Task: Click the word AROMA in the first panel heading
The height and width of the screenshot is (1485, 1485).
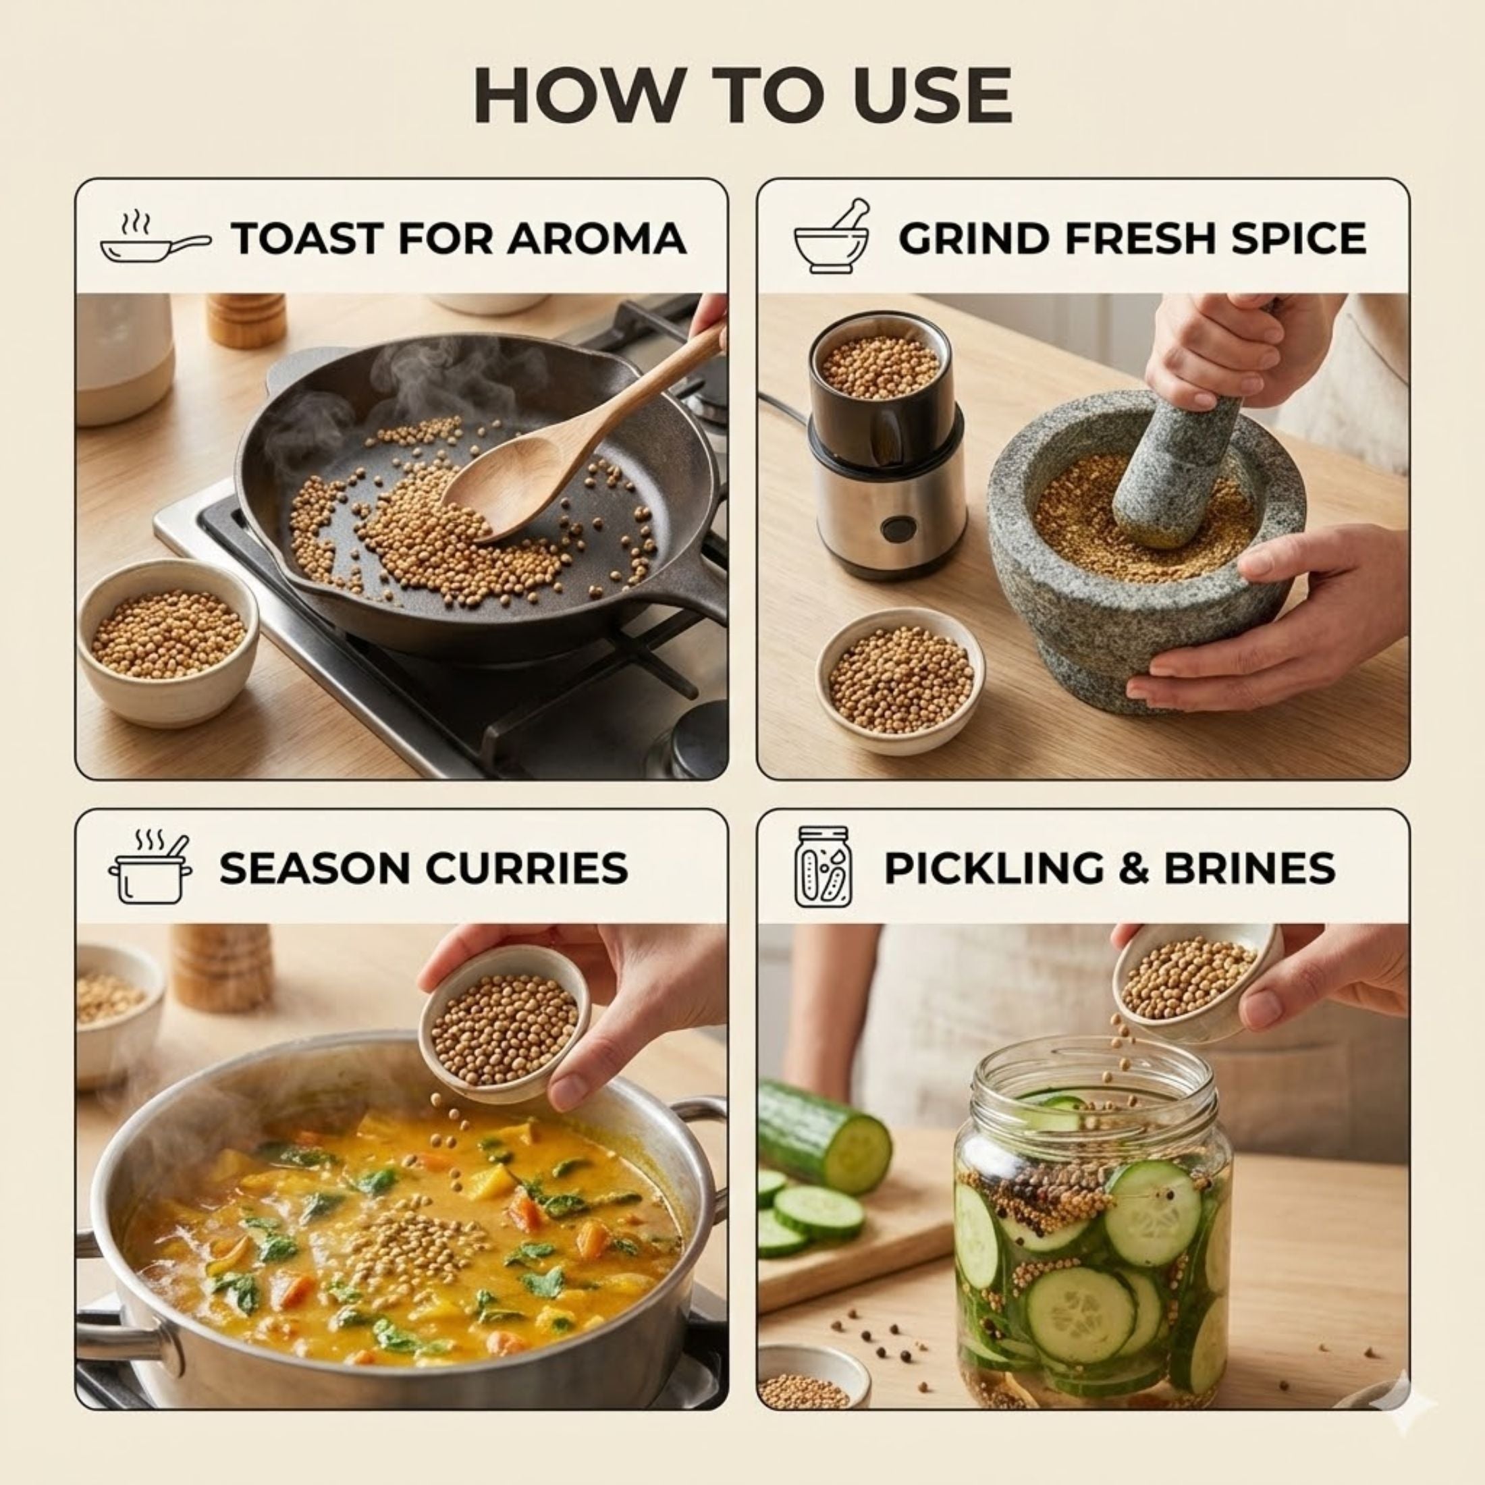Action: [x=597, y=238]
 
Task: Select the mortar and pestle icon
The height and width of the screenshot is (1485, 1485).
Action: [x=832, y=236]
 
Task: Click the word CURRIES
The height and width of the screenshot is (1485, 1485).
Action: [x=526, y=869]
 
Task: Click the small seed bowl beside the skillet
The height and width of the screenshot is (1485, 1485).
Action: [x=167, y=641]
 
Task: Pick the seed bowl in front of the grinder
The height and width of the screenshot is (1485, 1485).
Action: [x=900, y=680]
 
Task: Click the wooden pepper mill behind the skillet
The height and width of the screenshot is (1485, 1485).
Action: [x=240, y=321]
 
